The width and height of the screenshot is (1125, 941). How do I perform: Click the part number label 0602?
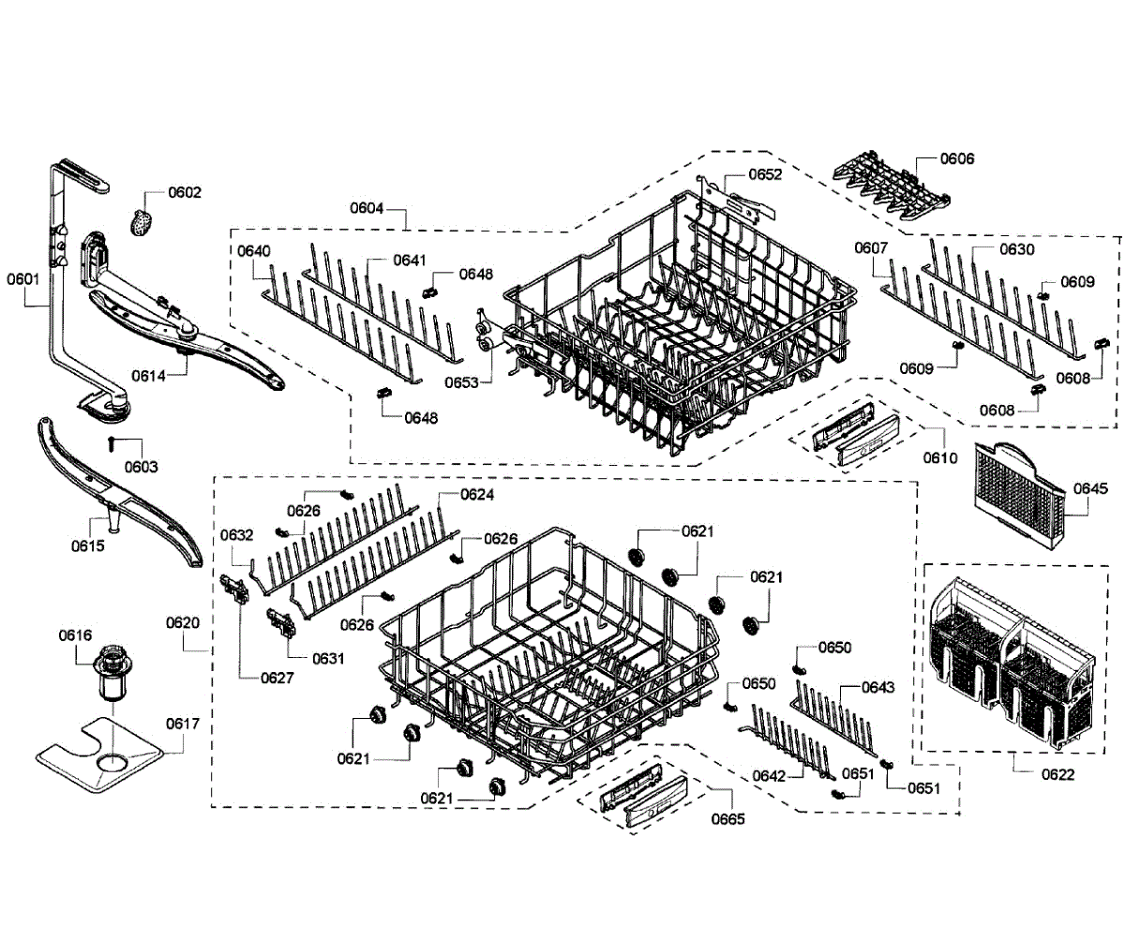[x=185, y=192]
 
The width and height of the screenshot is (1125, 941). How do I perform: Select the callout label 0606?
[x=957, y=158]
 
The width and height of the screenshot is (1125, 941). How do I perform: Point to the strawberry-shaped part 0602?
[x=141, y=223]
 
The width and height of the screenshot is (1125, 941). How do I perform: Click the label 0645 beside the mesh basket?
[x=1090, y=488]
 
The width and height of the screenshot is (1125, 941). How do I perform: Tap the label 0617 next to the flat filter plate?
[x=183, y=724]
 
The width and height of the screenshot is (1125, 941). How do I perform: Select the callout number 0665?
[x=727, y=818]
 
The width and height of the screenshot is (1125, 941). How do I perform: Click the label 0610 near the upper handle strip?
[x=939, y=458]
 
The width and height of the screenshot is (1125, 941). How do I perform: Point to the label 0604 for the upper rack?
[x=367, y=208]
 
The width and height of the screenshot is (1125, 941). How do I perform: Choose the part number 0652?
[x=765, y=174]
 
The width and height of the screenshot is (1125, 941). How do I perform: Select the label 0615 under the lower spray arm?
[x=87, y=545]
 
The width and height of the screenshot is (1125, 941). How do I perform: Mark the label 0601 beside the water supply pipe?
[x=23, y=278]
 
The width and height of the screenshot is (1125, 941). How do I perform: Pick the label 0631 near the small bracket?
[x=328, y=658]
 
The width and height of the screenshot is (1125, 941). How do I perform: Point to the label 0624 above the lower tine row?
[x=477, y=494]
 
